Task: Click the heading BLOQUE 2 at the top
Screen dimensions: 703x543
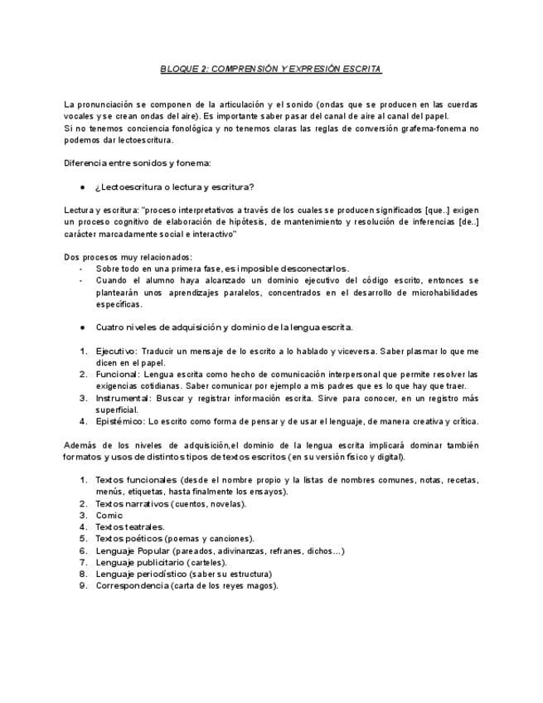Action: [270, 70]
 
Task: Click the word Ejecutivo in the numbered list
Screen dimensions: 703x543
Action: [114, 351]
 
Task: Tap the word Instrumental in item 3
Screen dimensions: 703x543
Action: [121, 398]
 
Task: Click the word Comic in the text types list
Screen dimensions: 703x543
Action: [109, 515]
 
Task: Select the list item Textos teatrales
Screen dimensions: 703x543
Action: [130, 526]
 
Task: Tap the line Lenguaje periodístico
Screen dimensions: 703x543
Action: [183, 574]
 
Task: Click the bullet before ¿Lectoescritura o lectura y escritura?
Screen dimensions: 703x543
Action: [83, 186]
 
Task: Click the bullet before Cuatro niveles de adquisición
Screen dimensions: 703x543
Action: [83, 327]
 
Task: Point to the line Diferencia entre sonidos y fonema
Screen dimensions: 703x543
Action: [138, 162]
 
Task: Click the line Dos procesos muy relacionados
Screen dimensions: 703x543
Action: [128, 257]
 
